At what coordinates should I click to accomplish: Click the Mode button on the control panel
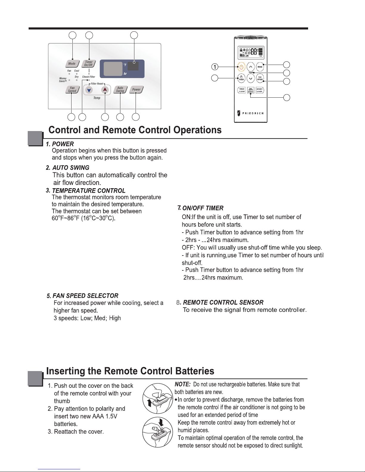(x=72, y=63)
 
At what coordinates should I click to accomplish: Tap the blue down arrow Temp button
(x=89, y=90)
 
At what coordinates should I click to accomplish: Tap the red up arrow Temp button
(x=105, y=90)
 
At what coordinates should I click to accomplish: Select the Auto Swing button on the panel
(x=120, y=89)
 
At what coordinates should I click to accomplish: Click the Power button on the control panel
(x=136, y=89)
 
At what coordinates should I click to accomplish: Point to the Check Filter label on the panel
(x=88, y=77)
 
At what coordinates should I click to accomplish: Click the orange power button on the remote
(x=241, y=67)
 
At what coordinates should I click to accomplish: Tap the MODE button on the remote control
(x=260, y=67)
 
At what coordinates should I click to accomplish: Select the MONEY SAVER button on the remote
(x=260, y=90)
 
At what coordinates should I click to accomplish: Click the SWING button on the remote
(x=251, y=90)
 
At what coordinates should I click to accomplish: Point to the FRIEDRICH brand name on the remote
(x=252, y=113)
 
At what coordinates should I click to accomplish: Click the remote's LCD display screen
(x=251, y=52)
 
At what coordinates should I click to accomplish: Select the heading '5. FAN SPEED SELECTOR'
(x=83, y=296)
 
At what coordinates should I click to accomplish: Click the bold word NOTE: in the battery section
(x=182, y=384)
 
